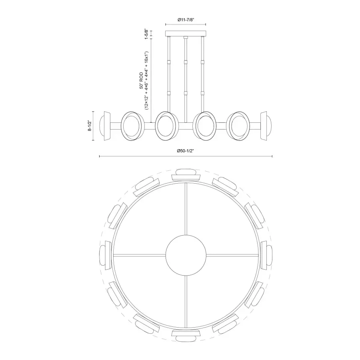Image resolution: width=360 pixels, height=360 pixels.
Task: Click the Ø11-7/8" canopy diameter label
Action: click(186, 20)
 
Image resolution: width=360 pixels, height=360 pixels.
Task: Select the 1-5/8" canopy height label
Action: click(146, 34)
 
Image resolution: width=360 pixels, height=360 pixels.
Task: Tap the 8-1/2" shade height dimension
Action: click(90, 126)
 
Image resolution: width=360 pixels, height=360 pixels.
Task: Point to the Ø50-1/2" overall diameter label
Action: click(186, 151)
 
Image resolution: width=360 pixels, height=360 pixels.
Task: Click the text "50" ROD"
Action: click(141, 80)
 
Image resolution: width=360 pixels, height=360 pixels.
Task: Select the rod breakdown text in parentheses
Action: click(147, 80)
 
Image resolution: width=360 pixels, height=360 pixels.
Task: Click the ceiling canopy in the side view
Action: click(186, 34)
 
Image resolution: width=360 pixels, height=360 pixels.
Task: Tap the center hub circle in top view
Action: click(186, 255)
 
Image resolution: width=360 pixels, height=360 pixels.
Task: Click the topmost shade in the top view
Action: click(186, 175)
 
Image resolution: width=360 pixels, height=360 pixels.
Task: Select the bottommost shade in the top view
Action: click(186, 335)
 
